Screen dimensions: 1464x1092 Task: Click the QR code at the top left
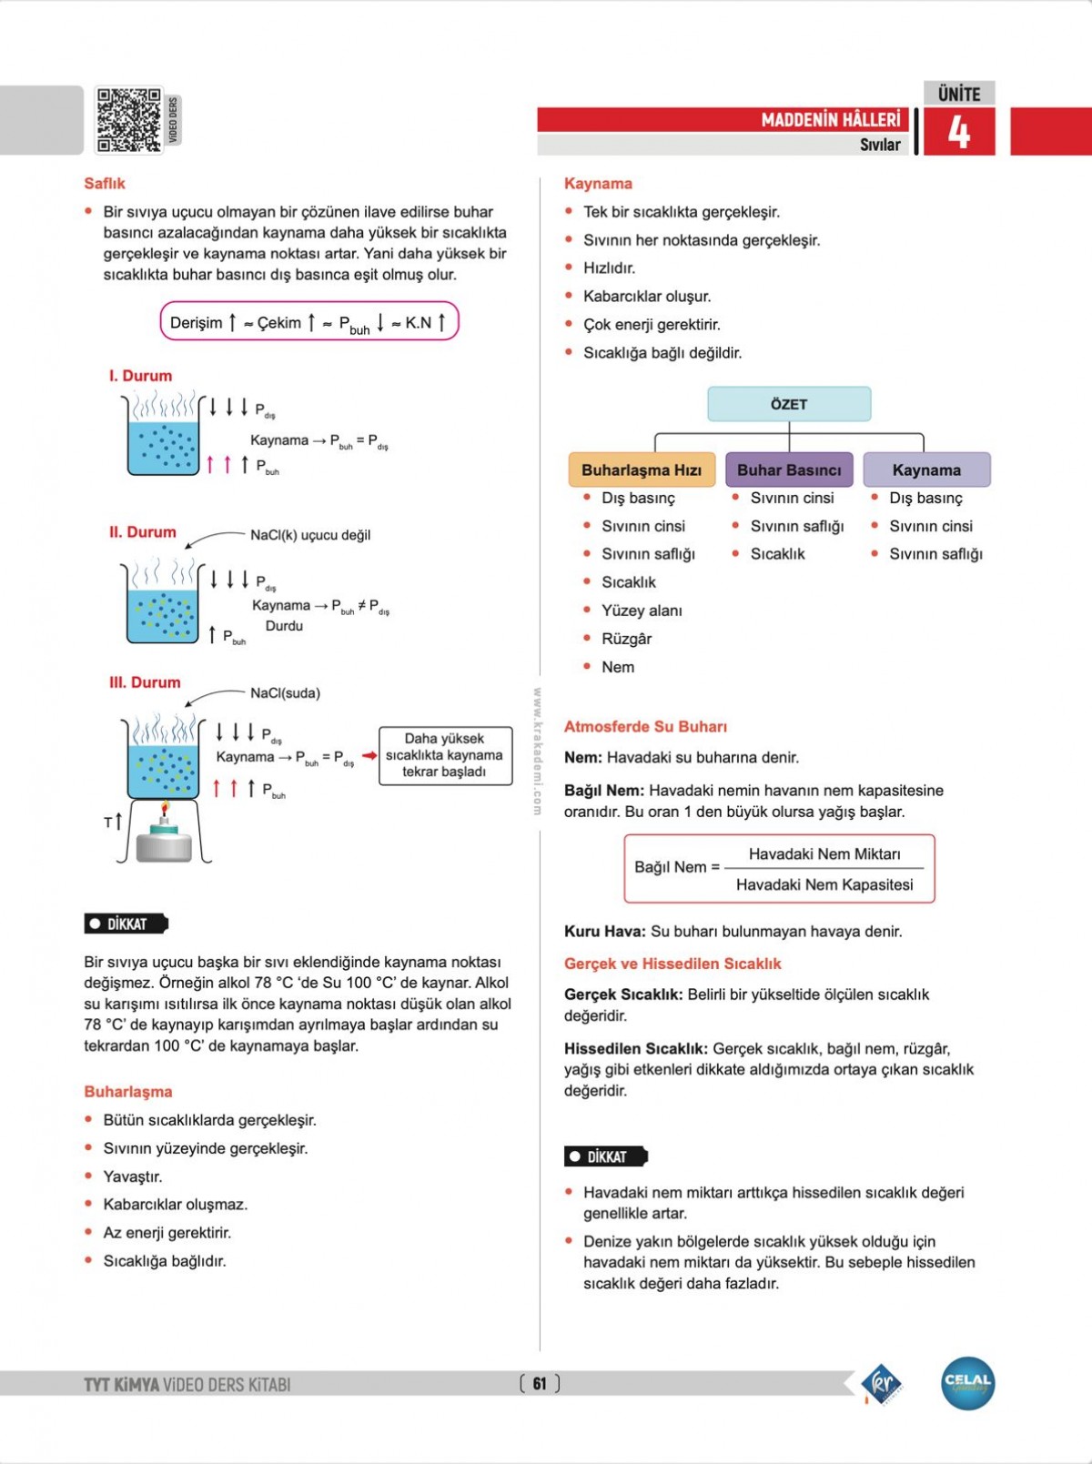[x=129, y=120]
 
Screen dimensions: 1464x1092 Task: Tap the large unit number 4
[x=959, y=133]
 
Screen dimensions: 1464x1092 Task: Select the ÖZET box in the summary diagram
[x=789, y=404]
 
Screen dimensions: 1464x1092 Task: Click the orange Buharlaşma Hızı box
[x=642, y=470]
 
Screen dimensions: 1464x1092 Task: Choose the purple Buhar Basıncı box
[x=789, y=470]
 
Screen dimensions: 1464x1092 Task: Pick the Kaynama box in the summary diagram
[x=926, y=470]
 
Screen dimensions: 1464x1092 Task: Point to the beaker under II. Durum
[x=163, y=608]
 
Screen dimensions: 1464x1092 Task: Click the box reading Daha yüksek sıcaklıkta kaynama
[x=445, y=755]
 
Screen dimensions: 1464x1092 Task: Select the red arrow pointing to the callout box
[x=369, y=755]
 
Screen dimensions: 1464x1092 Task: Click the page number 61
[x=540, y=1384]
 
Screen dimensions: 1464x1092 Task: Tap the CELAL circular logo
[x=967, y=1384]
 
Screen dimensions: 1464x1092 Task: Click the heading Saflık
[x=105, y=184]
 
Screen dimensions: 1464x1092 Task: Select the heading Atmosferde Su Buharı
[x=645, y=727]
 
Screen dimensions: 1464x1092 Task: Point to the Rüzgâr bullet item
[x=626, y=639]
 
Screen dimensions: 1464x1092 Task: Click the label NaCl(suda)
[x=285, y=693]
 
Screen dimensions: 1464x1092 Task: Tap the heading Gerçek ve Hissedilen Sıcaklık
[x=672, y=964]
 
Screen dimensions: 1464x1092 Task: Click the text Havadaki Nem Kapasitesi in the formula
[x=824, y=884]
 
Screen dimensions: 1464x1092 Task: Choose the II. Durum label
[x=143, y=532]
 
